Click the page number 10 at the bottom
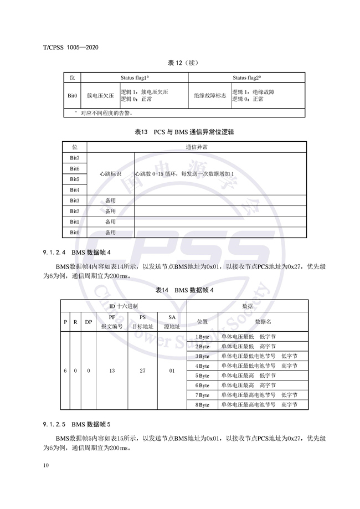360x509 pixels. point(45,465)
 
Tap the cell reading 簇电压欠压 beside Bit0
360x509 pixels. point(100,95)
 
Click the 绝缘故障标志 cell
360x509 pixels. point(210,95)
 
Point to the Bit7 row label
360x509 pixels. point(74,158)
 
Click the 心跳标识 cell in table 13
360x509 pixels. point(110,174)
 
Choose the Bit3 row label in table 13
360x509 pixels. point(74,200)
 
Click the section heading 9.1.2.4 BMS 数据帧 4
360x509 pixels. point(80,252)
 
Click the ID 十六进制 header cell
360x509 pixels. point(124,306)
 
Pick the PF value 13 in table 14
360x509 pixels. point(112,371)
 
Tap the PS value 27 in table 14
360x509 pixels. point(142,371)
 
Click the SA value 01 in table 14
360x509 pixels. point(171,371)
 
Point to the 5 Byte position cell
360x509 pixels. point(202,376)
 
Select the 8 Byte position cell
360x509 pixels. point(202,405)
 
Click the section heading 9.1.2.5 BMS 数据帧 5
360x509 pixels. point(80,425)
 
